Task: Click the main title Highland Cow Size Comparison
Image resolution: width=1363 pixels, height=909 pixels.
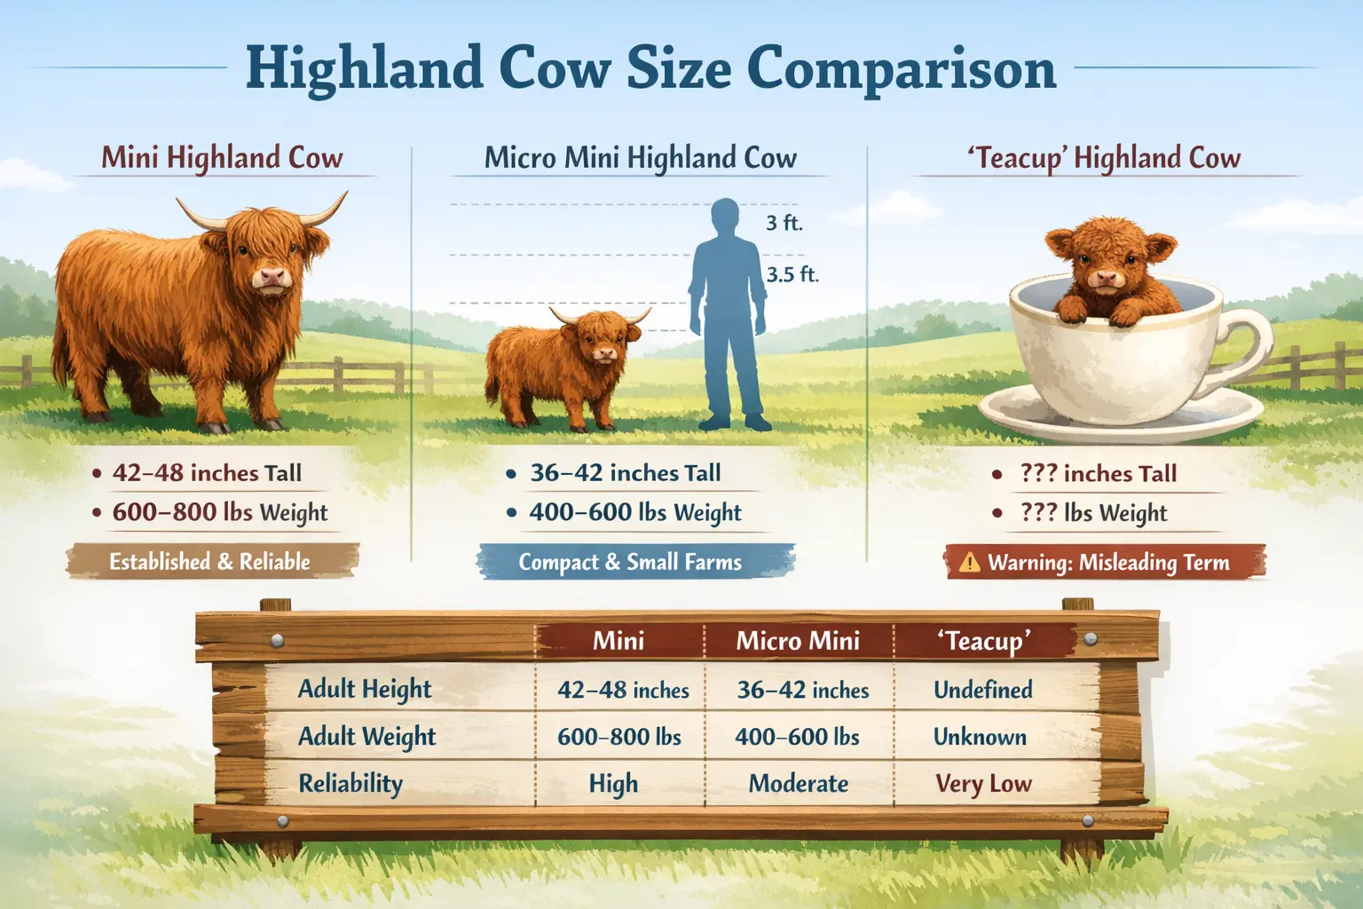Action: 650,68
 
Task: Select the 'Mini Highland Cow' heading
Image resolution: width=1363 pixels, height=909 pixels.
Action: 222,158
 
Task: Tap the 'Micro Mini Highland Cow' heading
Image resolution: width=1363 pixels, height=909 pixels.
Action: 640,158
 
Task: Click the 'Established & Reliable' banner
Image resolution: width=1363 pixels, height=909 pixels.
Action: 210,562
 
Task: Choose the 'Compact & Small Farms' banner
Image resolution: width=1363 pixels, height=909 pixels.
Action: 630,563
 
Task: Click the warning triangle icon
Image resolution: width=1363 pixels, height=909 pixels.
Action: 969,563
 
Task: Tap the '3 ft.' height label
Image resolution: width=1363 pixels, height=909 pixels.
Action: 784,223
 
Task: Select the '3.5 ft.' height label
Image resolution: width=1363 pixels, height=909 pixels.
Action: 792,274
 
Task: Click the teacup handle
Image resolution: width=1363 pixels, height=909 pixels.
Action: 1247,346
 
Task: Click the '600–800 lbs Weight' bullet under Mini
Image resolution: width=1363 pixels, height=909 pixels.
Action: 219,513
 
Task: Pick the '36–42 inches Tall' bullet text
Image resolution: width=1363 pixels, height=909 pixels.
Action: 626,473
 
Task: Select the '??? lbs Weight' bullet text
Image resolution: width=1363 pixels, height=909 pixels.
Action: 1093,513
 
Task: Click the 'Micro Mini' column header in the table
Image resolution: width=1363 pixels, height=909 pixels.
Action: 798,641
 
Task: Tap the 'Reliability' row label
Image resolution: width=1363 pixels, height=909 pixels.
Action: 351,784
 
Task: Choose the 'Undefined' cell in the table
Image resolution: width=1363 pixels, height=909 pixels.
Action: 983,690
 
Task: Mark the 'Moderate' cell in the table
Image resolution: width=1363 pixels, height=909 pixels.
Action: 798,784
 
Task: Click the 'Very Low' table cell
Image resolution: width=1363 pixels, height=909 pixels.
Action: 983,784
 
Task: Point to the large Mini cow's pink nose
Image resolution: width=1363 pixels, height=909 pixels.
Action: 272,279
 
